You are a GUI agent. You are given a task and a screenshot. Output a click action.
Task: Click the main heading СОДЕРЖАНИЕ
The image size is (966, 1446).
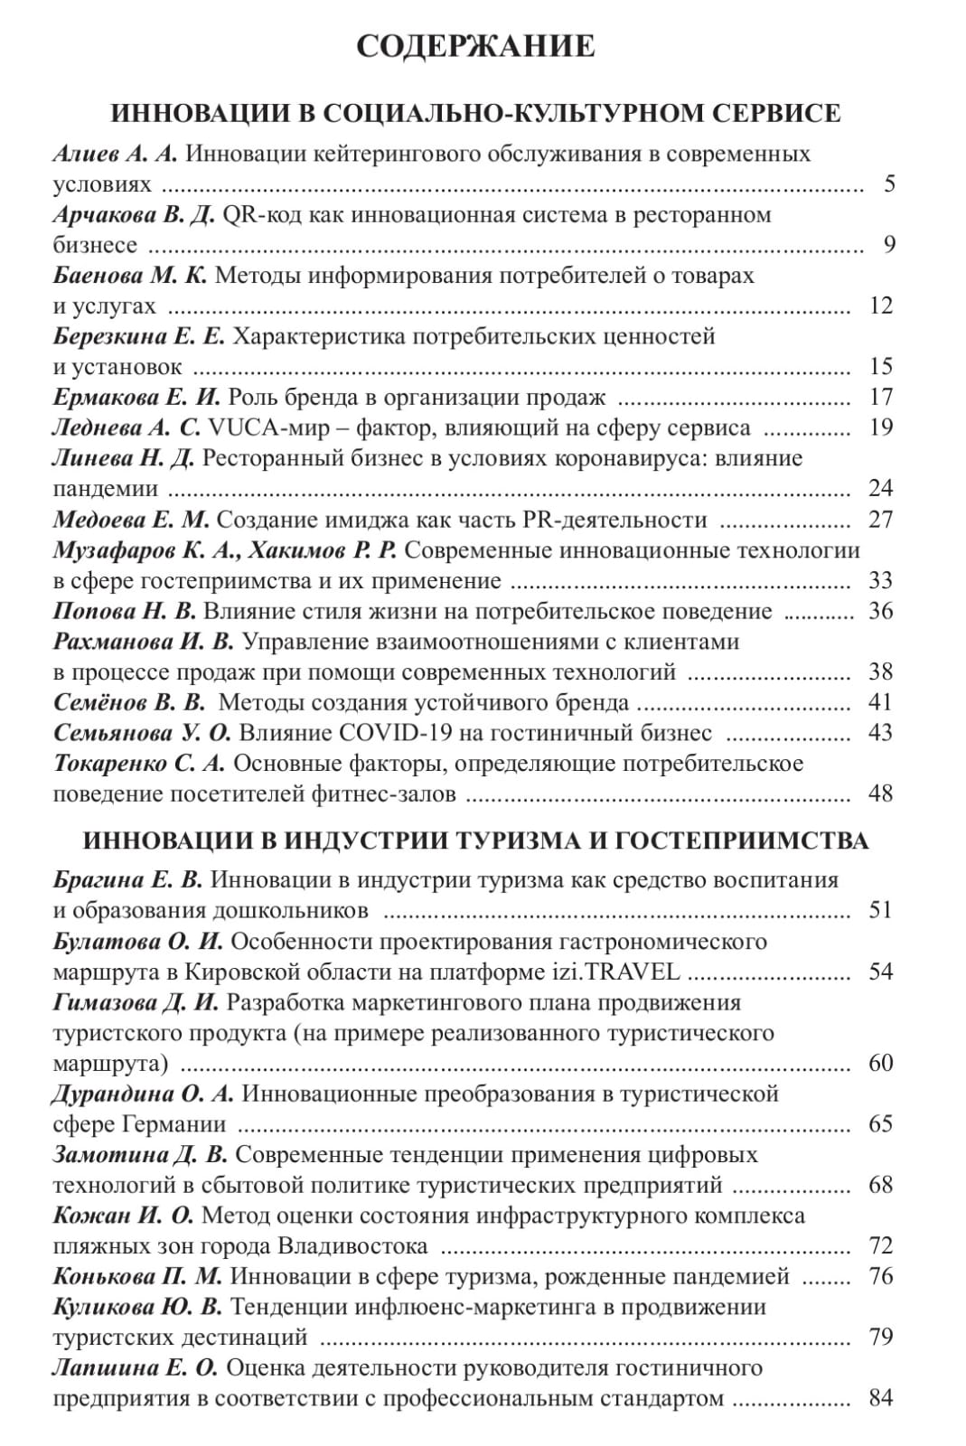pos(475,46)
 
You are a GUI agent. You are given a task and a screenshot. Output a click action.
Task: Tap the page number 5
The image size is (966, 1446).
pos(889,184)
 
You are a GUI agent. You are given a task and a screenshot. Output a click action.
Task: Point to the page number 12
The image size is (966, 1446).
pos(880,305)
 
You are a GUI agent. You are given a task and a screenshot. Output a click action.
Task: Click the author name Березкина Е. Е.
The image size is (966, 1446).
pos(139,336)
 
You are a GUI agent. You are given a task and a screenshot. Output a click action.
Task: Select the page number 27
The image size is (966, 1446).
pos(880,520)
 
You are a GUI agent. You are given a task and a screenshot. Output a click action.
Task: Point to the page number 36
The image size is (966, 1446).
pos(880,611)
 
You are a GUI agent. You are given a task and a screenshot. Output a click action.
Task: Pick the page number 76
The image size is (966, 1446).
pos(880,1276)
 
